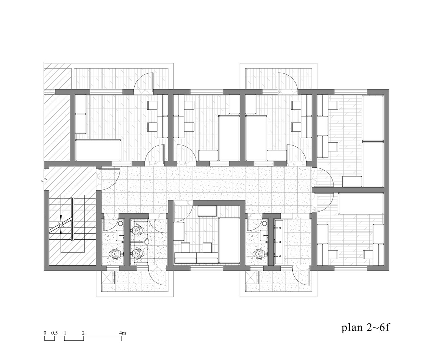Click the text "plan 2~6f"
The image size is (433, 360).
coord(365,334)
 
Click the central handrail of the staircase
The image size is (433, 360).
coord(72,219)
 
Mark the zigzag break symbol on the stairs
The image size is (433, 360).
coord(61,224)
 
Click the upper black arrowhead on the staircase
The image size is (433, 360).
coord(61,217)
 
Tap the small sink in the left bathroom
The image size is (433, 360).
coord(120,236)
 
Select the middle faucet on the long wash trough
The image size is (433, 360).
coord(280,242)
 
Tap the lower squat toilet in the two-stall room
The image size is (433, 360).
coord(137,253)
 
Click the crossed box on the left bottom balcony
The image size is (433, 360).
coord(107,278)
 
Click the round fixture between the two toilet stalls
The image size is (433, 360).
coord(147,241)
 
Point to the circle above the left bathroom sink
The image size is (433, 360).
coord(121,223)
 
